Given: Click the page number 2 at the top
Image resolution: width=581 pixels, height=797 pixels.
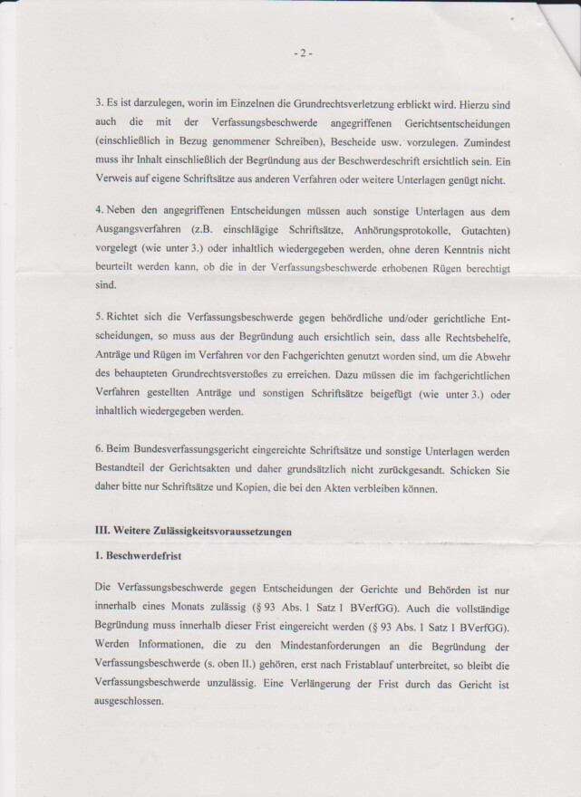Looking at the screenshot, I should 303,53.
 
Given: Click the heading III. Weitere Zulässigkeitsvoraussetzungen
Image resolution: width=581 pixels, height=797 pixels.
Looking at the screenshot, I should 193,532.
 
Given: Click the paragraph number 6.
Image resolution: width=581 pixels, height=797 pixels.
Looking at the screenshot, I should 99,451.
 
